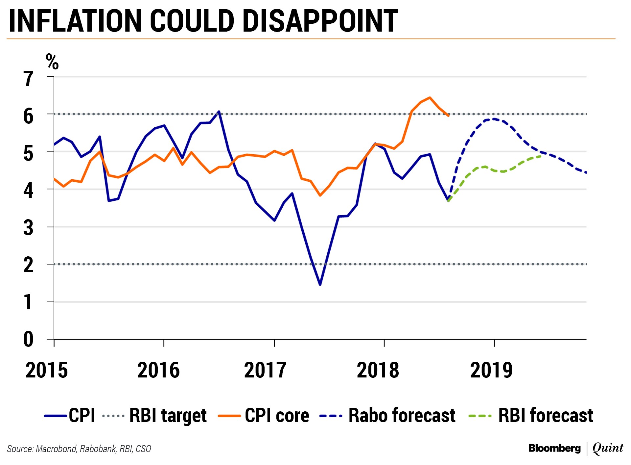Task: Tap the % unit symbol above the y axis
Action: coord(52,62)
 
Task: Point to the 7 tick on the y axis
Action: coord(28,79)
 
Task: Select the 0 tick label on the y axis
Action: coord(28,339)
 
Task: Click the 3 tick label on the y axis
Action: coord(28,227)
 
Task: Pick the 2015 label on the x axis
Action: coord(47,370)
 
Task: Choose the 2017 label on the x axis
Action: coord(265,370)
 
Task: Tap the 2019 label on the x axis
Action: coord(491,370)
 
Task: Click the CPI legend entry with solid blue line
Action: coord(70,415)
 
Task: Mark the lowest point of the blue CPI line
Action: coord(320,285)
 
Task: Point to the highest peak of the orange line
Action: coord(430,97)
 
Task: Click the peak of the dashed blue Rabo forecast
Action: coord(493,119)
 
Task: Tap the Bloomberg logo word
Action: coord(554,448)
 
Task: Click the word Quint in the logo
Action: coord(608,448)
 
